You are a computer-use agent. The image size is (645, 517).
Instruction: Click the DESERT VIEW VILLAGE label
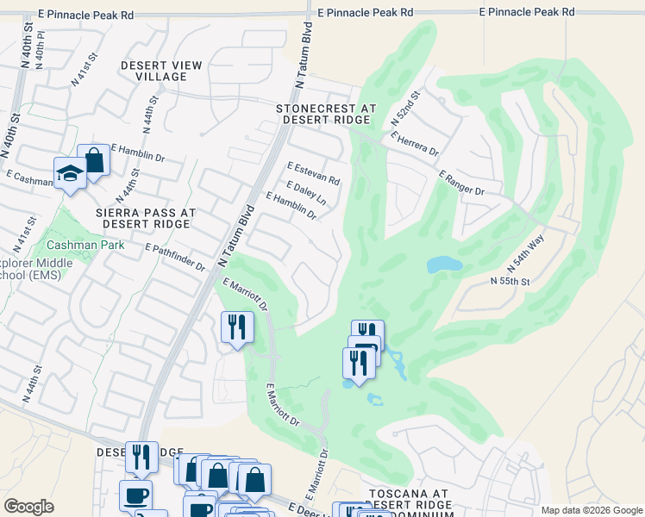pyautogui.click(x=161, y=71)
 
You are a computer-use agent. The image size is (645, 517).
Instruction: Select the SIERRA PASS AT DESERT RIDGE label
pyautogui.click(x=149, y=217)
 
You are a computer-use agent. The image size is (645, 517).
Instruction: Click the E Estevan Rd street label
pyautogui.click(x=314, y=173)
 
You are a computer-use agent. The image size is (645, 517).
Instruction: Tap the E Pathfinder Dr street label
pyautogui.click(x=175, y=258)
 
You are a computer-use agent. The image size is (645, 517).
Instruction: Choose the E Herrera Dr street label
pyautogui.click(x=415, y=143)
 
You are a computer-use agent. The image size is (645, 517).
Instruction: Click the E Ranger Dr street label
pyautogui.click(x=461, y=183)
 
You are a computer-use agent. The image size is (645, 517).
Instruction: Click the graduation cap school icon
pyautogui.click(x=70, y=174)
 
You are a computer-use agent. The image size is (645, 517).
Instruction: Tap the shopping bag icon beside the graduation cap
pyautogui.click(x=93, y=160)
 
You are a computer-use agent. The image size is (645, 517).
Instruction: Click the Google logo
pyautogui.click(x=28, y=507)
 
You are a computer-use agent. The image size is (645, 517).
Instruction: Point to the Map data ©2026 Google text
pyautogui.click(x=592, y=510)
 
